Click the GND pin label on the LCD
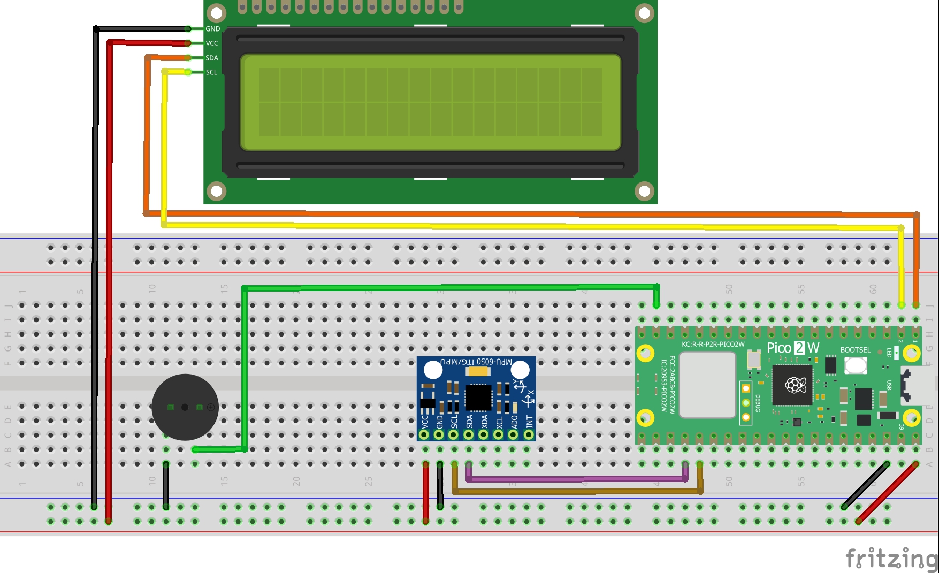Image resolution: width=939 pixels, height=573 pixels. [212, 29]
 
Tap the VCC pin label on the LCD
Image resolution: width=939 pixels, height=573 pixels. [212, 43]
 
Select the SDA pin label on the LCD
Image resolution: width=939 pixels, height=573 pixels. [212, 58]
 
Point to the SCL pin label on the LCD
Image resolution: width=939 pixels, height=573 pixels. [212, 72]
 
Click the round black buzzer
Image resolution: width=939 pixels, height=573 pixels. [185, 407]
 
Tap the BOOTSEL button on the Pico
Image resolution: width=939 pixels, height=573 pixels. [856, 365]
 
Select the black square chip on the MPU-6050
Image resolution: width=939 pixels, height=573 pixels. [478, 398]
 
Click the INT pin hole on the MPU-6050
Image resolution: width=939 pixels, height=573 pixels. [529, 435]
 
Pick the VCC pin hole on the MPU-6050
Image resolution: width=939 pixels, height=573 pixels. [424, 435]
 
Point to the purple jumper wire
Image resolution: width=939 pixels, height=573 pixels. [578, 479]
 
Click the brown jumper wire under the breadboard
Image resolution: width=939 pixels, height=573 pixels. [578, 491]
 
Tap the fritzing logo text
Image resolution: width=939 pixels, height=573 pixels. [891, 559]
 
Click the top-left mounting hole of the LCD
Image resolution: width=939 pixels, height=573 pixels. [216, 13]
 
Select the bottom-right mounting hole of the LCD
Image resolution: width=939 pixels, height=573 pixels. [644, 191]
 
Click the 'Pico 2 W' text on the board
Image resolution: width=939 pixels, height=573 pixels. [793, 348]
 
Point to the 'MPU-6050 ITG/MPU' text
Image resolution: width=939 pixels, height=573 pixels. [476, 362]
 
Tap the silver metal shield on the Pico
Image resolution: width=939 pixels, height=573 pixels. [707, 385]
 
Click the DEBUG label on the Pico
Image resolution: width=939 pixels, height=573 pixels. [758, 403]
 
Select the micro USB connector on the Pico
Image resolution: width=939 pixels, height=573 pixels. [910, 385]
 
